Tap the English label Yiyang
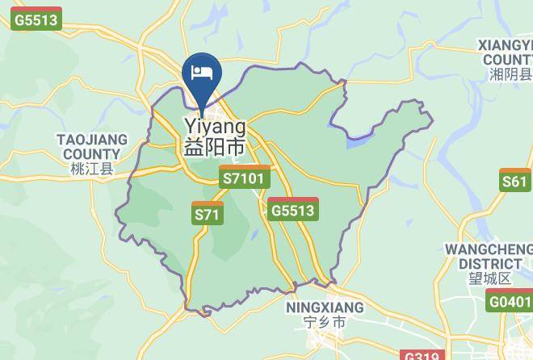[x=215, y=127]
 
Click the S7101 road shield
[x=245, y=178]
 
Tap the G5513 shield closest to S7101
[x=293, y=210]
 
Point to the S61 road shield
[x=514, y=181]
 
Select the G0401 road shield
[x=510, y=302]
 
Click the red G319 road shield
[x=422, y=356]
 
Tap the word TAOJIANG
[x=91, y=140]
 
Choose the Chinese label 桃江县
[x=91, y=169]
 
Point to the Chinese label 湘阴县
[x=510, y=74]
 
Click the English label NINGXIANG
[x=325, y=308]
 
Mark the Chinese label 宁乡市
[x=325, y=323]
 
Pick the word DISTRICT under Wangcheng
[x=490, y=264]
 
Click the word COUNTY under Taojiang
[x=91, y=154]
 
